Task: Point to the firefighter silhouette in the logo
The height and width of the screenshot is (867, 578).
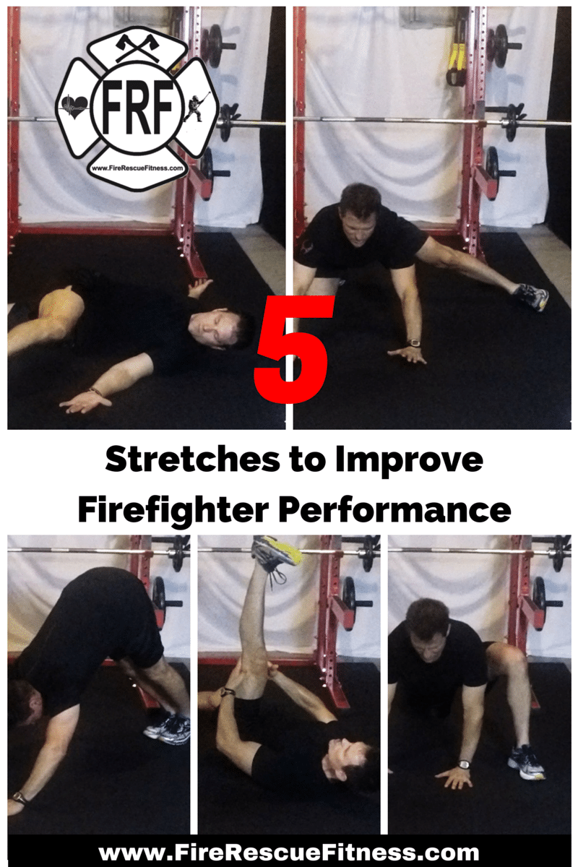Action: point(193,106)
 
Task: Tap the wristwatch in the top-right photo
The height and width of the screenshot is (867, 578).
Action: point(414,343)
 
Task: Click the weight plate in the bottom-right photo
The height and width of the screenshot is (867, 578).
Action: point(538,594)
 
